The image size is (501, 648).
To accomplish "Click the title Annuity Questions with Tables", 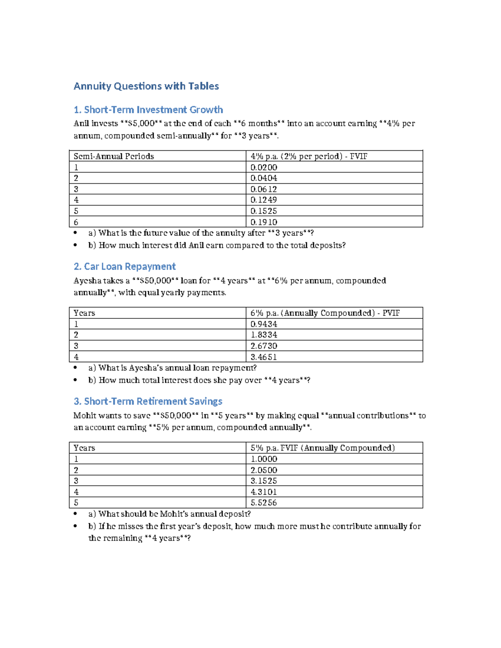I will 146,86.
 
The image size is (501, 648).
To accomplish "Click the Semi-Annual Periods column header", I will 114,156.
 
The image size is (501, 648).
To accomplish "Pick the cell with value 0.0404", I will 264,178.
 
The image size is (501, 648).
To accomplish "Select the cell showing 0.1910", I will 264,222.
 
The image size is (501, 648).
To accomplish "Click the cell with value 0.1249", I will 264,200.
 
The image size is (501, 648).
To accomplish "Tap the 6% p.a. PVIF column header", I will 325,313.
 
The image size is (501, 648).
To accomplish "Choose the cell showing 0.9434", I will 264,324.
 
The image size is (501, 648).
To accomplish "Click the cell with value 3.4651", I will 264,357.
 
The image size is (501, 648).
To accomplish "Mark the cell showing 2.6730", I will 264,346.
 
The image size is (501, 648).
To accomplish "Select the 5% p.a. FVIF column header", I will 322,448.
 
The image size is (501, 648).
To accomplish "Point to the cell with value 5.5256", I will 264,503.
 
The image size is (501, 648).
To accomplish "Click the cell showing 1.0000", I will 264,459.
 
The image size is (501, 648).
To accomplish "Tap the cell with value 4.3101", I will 264,492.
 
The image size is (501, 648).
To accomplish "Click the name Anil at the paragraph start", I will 81,124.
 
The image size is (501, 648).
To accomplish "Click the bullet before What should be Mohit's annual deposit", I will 75,514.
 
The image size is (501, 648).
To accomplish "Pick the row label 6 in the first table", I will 76,222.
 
